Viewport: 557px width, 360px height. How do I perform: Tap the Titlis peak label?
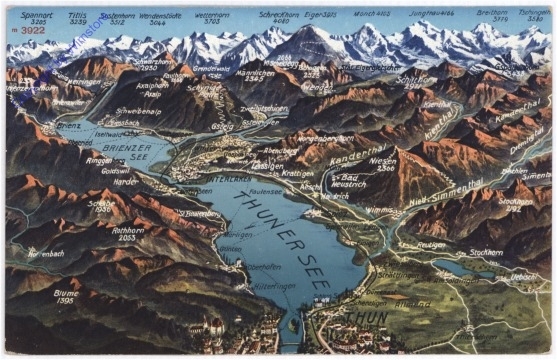click(x=77, y=16)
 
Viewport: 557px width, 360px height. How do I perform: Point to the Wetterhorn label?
click(x=212, y=16)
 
